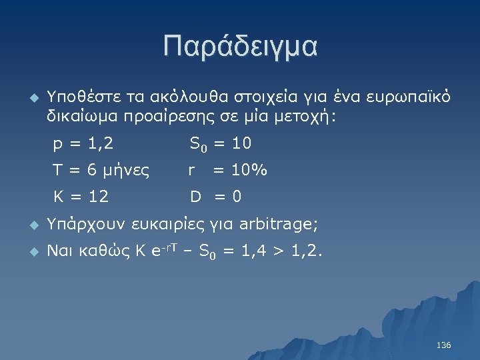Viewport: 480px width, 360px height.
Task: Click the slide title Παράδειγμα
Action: click(240, 47)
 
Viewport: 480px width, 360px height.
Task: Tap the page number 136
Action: click(443, 345)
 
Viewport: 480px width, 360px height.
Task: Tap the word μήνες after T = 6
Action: click(127, 171)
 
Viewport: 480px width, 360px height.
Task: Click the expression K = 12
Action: click(81, 197)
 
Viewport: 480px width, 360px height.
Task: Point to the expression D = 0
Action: click(216, 197)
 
